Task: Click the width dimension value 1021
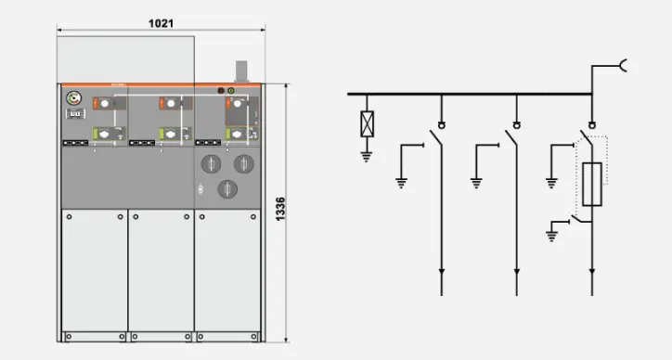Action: pos(161,23)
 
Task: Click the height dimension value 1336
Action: pos(280,209)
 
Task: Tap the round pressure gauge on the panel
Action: pos(73,98)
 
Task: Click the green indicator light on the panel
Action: pos(231,90)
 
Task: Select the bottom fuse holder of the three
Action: pos(227,189)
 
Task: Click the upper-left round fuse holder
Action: pos(212,163)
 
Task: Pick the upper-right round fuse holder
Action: pos(244,163)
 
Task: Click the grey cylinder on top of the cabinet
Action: pos(241,71)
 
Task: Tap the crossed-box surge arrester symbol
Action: pos(368,123)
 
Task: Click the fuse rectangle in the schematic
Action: pos(592,185)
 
